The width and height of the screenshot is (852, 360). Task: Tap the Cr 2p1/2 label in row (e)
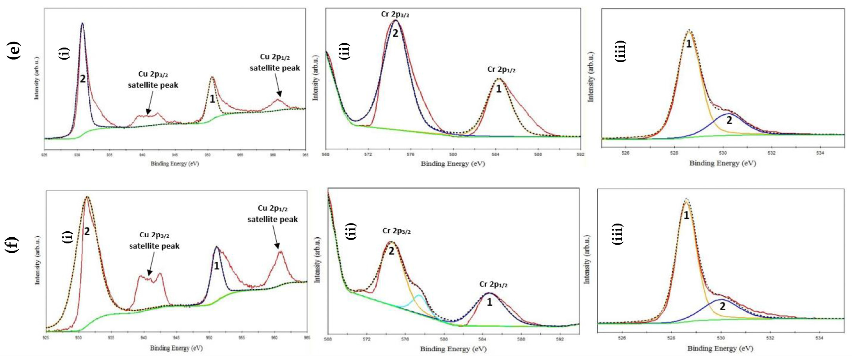point(501,70)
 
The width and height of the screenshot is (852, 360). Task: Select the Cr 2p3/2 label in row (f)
point(396,231)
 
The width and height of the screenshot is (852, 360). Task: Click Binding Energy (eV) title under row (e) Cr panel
point(453,163)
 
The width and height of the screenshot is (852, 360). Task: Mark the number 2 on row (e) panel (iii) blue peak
point(729,120)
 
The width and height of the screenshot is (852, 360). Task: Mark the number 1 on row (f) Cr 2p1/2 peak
point(489,302)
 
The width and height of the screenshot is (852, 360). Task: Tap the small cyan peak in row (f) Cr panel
point(419,297)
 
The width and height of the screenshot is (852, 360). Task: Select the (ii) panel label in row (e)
point(344,51)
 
